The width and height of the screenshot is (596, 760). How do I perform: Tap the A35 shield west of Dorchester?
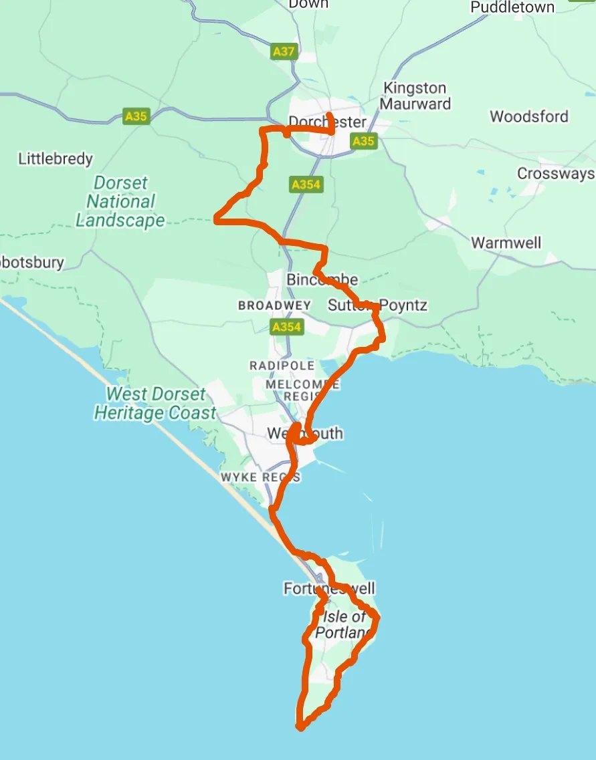136,116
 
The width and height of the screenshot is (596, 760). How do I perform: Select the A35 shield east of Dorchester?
364,141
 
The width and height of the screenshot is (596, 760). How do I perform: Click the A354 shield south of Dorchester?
306,184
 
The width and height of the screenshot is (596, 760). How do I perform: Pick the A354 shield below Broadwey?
286,327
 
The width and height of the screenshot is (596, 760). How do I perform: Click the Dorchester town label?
328,122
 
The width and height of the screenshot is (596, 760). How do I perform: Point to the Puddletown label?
513,7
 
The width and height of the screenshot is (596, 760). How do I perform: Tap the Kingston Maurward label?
415,96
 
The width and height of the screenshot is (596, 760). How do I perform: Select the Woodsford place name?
529,116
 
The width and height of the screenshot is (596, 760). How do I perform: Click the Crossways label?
556,174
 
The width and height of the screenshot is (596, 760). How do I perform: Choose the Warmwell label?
506,243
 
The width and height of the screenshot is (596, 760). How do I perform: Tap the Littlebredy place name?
56,159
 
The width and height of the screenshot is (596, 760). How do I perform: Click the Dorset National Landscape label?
120,201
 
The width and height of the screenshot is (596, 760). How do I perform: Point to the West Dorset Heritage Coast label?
155,404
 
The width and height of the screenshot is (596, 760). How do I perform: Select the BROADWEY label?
274,305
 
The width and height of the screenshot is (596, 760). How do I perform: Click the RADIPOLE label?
282,366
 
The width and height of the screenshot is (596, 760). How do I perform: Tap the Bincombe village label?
322,279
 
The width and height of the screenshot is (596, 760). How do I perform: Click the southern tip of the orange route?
299,727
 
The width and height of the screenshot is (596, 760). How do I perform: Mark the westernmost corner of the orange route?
216,218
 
